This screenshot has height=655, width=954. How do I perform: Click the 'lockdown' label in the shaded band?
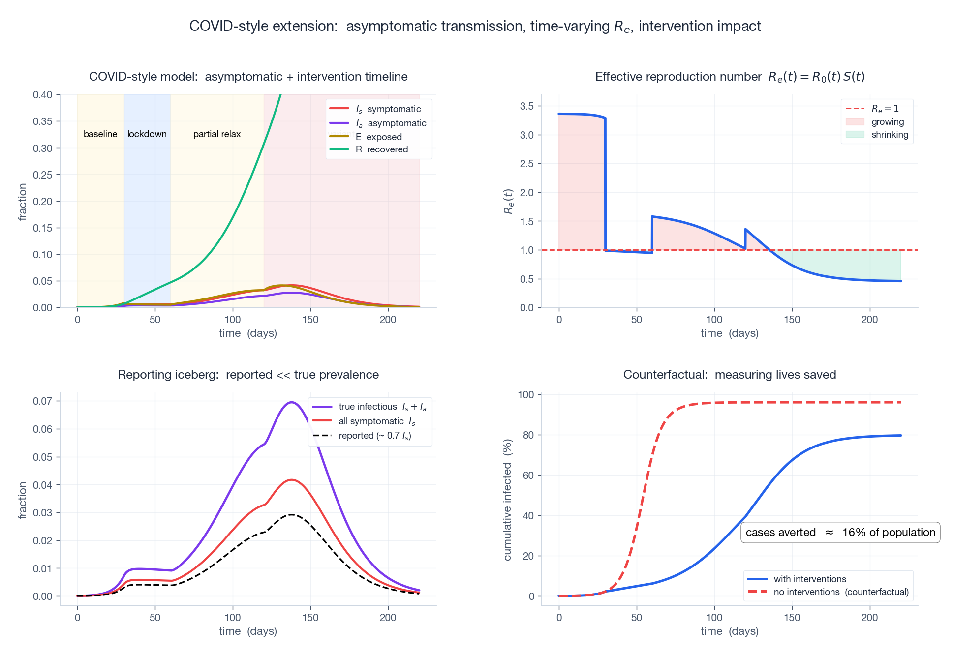coord(147,134)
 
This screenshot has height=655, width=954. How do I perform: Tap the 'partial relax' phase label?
coord(216,134)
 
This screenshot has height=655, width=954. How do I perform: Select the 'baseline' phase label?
coord(100,134)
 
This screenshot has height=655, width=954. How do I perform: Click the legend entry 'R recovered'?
coord(382,149)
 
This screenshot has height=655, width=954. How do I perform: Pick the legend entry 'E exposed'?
coord(378,137)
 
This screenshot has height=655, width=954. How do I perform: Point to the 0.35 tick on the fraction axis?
coord(42,121)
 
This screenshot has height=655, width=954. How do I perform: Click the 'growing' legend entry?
coord(888,122)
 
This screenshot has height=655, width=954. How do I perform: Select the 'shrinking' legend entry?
coord(890,135)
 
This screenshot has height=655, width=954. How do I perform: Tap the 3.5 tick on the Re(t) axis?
coord(526,106)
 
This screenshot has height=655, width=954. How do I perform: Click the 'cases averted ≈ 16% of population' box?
coord(840,533)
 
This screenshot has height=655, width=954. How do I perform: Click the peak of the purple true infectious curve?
coord(291,402)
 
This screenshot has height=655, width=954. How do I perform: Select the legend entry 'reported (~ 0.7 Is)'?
coord(374,436)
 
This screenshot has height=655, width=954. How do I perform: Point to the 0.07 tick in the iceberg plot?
coord(42,401)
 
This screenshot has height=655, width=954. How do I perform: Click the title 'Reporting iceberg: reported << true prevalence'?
coord(248,375)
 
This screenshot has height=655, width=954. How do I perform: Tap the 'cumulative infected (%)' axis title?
coord(508,500)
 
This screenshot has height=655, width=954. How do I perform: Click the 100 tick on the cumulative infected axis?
coord(526,395)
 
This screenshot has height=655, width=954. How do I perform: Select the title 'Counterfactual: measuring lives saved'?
coord(729,375)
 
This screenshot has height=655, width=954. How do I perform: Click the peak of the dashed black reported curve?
coord(291,514)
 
